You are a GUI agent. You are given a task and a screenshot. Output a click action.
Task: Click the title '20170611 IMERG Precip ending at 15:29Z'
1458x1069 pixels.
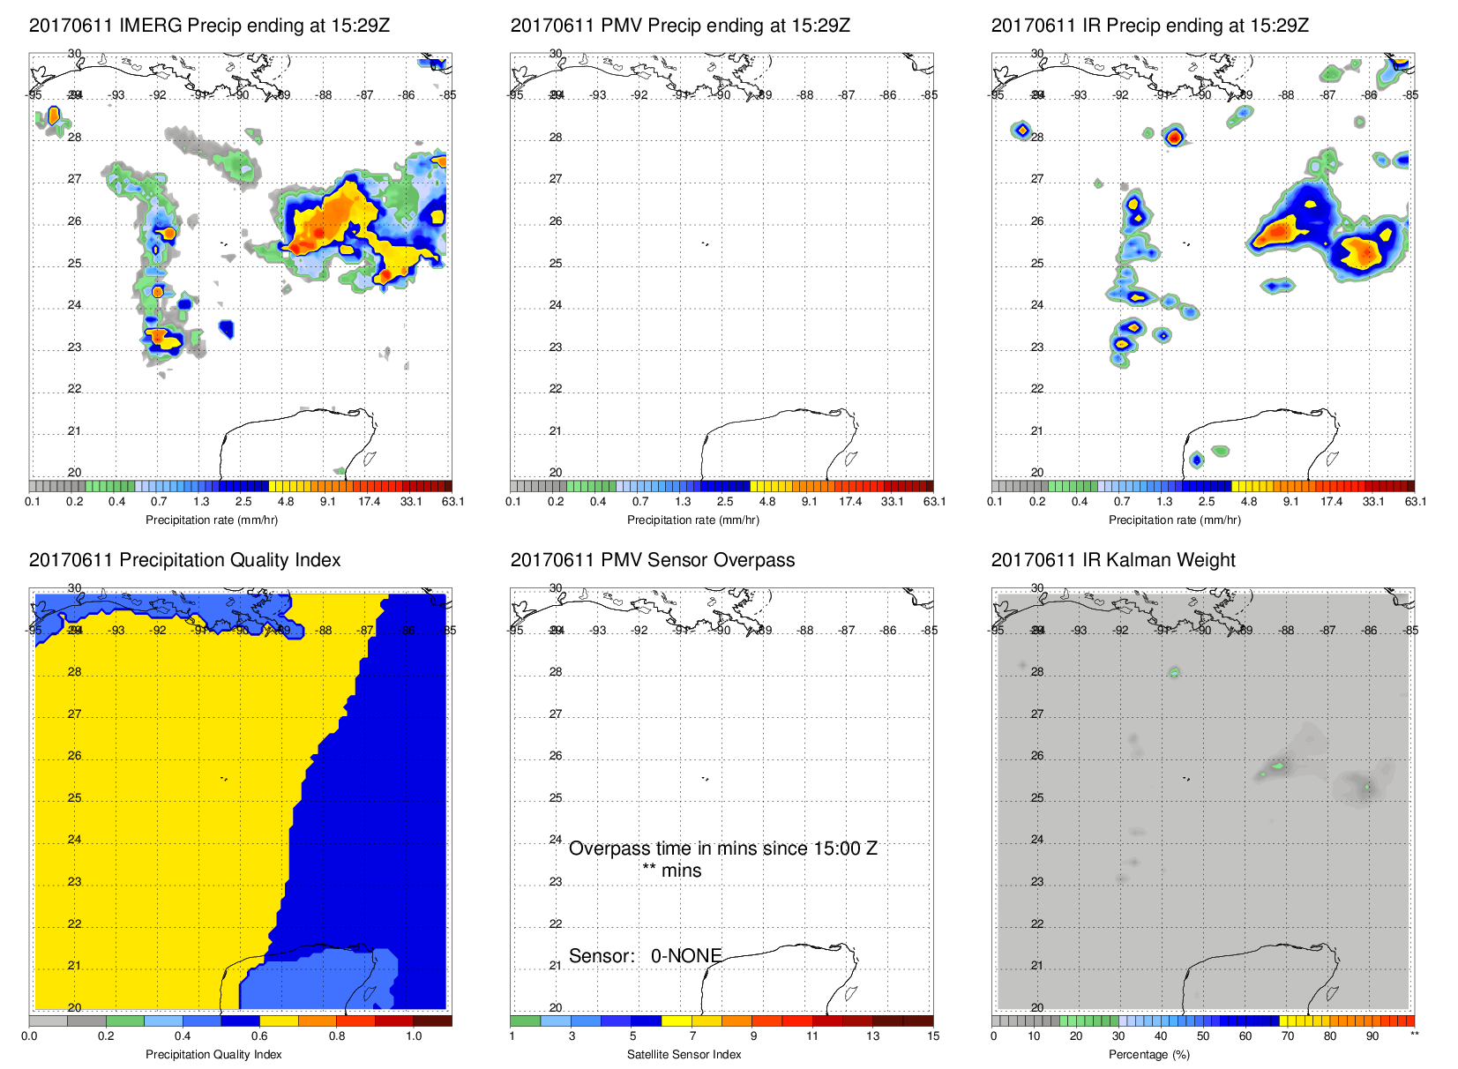209,26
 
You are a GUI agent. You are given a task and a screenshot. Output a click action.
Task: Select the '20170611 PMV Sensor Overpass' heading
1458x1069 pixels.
652,560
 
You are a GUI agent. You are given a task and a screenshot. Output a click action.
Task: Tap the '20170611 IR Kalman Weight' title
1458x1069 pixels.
1113,560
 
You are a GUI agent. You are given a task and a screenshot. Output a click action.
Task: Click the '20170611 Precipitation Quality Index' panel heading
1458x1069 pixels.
184,560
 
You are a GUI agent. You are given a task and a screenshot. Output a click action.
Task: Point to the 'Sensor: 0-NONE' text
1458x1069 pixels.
645,956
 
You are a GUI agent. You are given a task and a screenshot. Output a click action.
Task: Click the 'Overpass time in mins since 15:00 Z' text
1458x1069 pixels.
722,848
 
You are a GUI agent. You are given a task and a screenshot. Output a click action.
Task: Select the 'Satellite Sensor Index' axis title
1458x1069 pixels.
684,1054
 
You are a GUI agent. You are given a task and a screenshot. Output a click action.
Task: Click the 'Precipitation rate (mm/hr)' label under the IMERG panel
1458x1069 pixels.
212,520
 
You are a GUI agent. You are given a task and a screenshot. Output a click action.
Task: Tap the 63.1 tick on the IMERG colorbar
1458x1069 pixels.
452,502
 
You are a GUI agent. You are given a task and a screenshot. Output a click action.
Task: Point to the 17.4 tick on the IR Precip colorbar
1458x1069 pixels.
1331,502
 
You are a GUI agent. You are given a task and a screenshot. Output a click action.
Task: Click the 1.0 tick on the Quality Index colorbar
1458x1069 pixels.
414,1036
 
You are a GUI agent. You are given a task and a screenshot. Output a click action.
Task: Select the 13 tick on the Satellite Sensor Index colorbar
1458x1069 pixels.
872,1036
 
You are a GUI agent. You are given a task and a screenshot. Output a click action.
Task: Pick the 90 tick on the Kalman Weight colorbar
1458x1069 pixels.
1372,1036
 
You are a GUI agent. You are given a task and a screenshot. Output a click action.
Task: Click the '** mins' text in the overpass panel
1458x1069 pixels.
671,871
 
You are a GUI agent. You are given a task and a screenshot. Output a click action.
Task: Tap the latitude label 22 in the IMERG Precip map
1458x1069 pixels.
74,389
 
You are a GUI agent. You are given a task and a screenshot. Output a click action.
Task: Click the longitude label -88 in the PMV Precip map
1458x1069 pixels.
806,95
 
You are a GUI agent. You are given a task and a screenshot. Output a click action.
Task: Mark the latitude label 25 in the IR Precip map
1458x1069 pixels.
1037,264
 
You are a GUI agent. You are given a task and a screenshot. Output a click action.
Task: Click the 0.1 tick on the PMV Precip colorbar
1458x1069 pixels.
513,502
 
